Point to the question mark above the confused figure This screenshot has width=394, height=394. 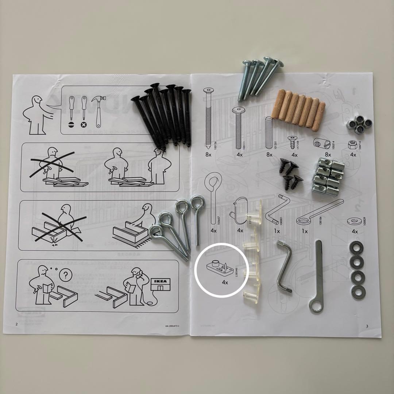[x=65, y=275]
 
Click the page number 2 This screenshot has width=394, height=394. [x=16, y=324]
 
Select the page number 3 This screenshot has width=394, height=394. [x=367, y=326]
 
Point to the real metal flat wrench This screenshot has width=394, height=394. [x=317, y=277]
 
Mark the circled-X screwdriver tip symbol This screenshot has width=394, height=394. [x=84, y=124]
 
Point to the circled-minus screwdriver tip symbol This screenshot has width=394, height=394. [x=71, y=124]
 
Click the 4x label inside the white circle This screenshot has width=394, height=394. [x=225, y=282]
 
